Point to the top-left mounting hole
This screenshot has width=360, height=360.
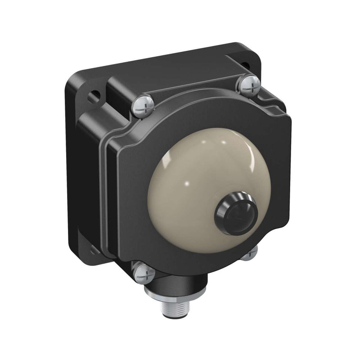[94, 96]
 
